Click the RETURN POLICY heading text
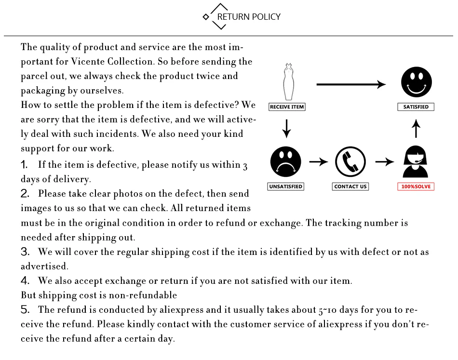249,17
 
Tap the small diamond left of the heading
206,17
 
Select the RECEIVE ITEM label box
287,107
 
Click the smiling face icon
417,82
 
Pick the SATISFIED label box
416,107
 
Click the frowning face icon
286,162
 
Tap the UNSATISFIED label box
285,187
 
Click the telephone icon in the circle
350,162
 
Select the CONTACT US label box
350,187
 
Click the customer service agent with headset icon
416,163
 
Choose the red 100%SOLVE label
416,187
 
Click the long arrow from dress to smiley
351,85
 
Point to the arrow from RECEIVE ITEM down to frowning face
287,127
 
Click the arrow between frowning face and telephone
318,162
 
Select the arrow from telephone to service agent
384,162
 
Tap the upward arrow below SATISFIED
417,129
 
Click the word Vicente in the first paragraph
87,62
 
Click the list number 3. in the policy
25,252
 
